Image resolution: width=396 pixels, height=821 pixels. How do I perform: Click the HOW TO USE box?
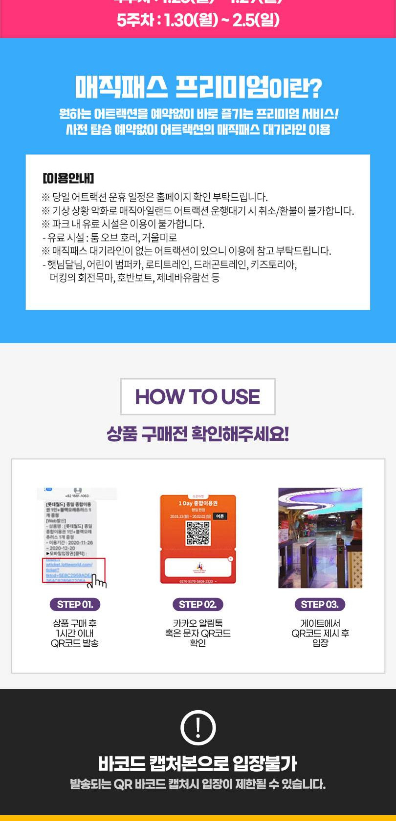[x=198, y=396]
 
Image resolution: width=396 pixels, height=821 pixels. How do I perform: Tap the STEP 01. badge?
[x=75, y=604]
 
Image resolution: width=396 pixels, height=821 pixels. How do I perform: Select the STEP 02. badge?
[x=198, y=604]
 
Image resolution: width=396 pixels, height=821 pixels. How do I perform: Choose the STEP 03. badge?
[x=320, y=604]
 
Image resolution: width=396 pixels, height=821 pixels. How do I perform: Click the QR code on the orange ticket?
[x=198, y=533]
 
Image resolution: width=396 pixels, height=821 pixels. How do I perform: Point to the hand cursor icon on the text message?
[x=98, y=581]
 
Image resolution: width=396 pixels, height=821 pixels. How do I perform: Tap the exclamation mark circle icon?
[x=198, y=727]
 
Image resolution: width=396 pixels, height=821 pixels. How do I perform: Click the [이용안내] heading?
[x=68, y=178]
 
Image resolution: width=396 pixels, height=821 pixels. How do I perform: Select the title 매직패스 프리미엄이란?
[x=198, y=88]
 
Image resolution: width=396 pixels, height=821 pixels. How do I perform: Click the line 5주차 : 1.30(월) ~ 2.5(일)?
[x=198, y=21]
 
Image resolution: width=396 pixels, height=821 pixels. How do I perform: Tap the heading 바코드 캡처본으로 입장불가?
[x=198, y=763]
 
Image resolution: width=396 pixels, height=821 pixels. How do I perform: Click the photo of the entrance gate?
[x=320, y=538]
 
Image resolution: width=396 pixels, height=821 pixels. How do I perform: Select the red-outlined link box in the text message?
[x=73, y=570]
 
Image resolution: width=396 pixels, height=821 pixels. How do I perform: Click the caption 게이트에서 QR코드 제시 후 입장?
[x=320, y=633]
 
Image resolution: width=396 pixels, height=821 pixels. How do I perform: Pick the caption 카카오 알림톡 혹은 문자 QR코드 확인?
[x=198, y=633]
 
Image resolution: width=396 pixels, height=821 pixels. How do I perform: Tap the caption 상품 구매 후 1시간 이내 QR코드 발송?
[x=75, y=633]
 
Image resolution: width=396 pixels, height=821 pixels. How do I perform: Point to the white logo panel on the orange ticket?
[x=198, y=567]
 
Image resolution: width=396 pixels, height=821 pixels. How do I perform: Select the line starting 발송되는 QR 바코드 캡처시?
[x=198, y=784]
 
